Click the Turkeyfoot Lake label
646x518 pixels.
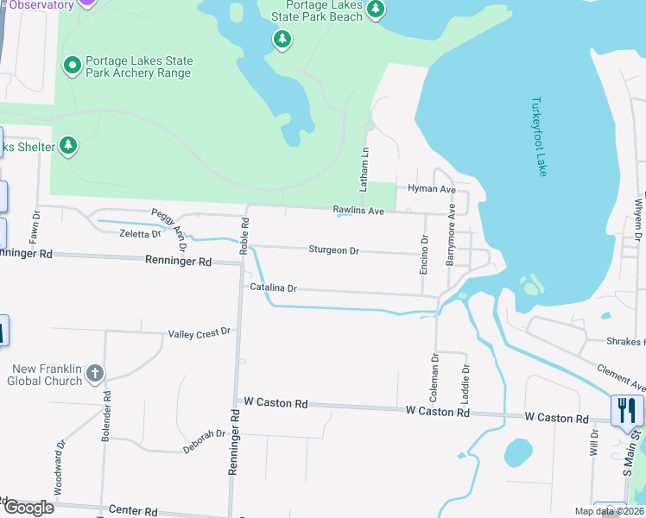point(540,137)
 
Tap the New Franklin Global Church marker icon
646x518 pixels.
point(95,374)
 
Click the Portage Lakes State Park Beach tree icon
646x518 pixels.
point(375,9)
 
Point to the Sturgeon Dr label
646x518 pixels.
point(333,250)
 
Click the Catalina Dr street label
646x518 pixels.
point(273,287)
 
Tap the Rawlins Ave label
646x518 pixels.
point(358,211)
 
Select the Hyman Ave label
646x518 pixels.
point(431,189)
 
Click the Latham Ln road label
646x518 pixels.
point(364,169)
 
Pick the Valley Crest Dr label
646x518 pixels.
point(199,332)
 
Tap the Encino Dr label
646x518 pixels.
point(424,256)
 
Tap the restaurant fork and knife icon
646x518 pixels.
point(627,409)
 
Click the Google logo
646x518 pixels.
point(28,507)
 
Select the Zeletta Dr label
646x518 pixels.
point(140,234)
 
